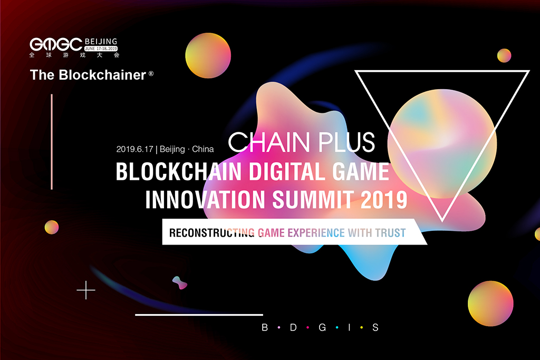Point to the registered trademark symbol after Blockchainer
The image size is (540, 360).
pos(151,74)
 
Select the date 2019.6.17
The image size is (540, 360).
pos(136,149)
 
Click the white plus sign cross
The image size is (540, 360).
pos(86,290)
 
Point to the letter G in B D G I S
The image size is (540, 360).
pos(321,327)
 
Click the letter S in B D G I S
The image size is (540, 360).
pos(375,327)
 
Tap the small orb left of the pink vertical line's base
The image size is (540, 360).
pos(52,227)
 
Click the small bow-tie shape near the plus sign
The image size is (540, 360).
pos(180,283)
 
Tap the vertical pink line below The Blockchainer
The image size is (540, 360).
pos(52,141)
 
